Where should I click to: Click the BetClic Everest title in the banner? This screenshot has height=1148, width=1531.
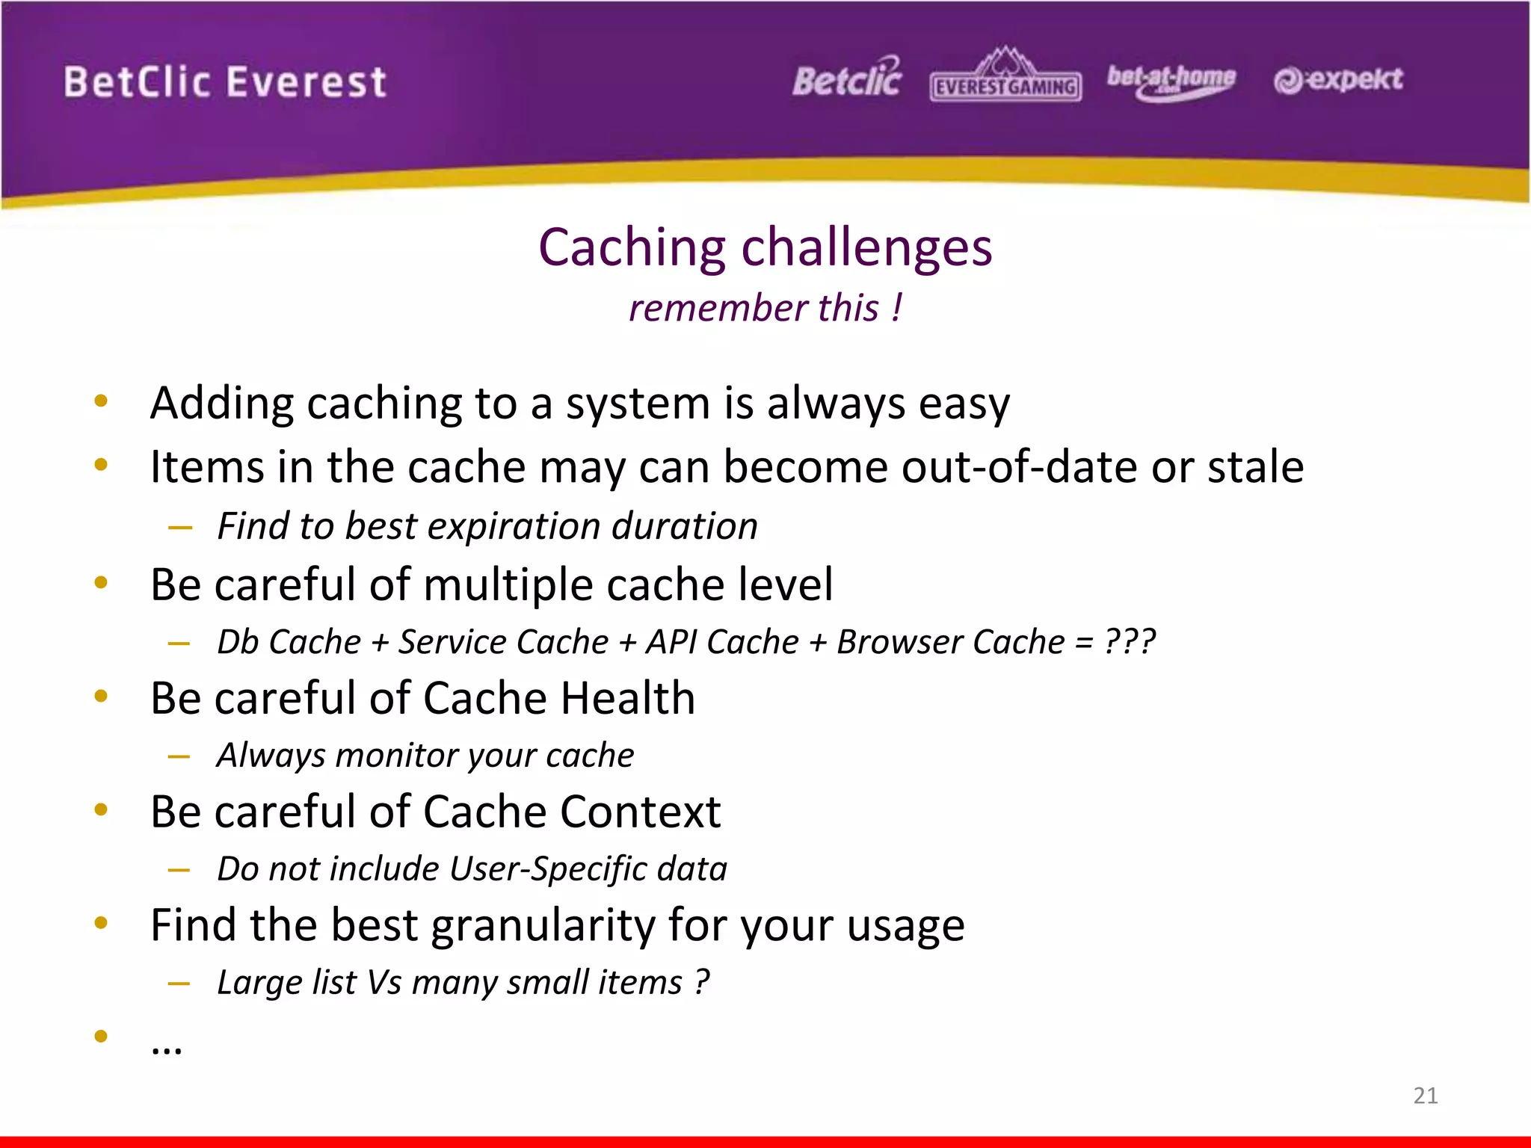pyautogui.click(x=225, y=81)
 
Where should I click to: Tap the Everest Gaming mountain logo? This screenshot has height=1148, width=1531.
pyautogui.click(x=1005, y=75)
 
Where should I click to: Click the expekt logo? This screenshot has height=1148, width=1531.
pyautogui.click(x=1338, y=79)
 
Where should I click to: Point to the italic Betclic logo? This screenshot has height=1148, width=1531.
pyautogui.click(x=847, y=78)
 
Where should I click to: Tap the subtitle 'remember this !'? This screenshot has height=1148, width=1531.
pyautogui.click(x=765, y=308)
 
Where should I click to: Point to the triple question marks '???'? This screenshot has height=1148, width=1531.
pyautogui.click(x=1130, y=642)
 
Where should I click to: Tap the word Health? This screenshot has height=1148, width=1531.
pyautogui.click(x=628, y=698)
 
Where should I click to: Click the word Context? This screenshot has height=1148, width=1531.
pyautogui.click(x=641, y=812)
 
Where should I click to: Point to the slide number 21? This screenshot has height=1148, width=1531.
pyautogui.click(x=1425, y=1096)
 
